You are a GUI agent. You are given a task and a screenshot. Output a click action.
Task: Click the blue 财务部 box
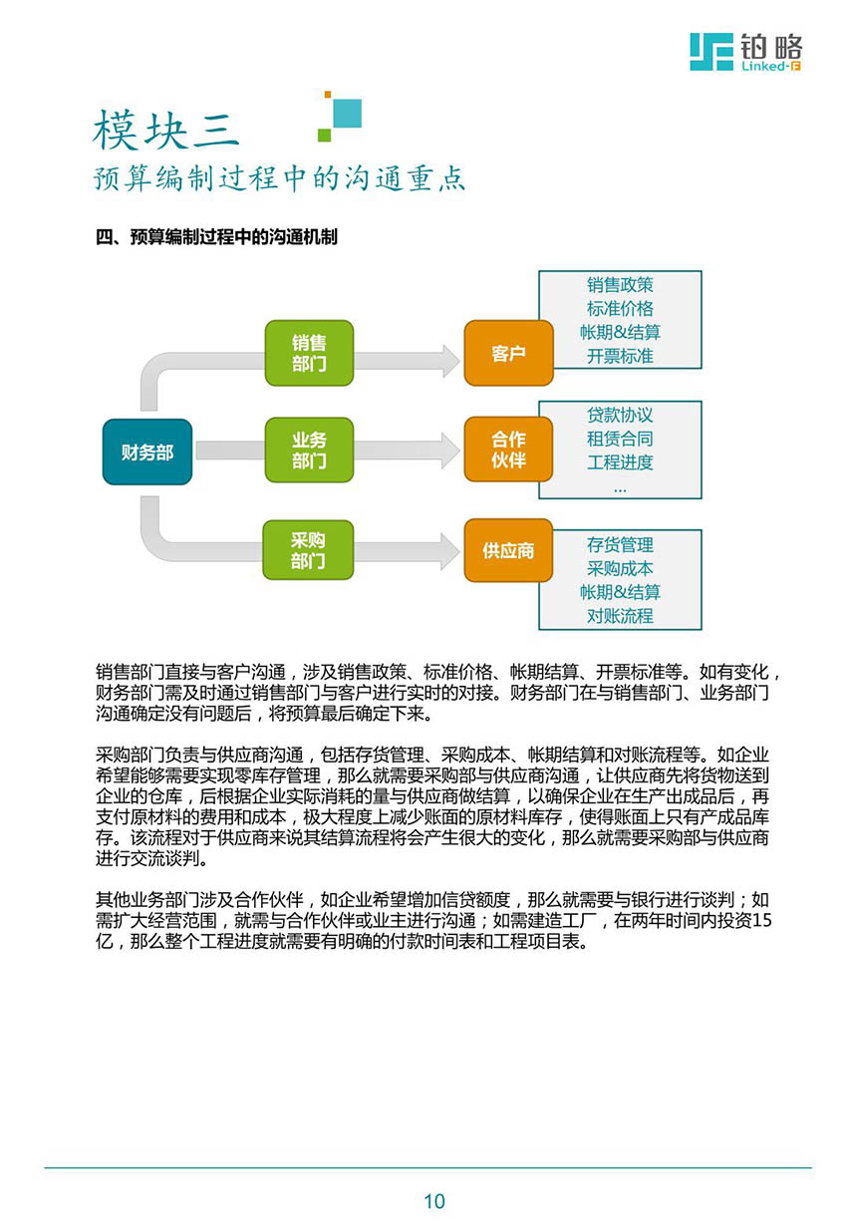(x=147, y=452)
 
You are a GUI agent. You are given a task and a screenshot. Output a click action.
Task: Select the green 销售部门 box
(x=309, y=353)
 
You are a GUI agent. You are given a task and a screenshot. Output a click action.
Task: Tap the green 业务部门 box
(x=309, y=450)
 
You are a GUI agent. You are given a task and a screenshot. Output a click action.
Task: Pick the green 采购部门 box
(x=308, y=550)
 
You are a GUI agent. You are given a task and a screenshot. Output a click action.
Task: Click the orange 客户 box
(x=508, y=353)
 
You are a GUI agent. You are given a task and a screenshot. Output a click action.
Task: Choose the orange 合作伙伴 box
(x=508, y=450)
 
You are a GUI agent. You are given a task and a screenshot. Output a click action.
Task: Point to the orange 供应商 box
(x=508, y=550)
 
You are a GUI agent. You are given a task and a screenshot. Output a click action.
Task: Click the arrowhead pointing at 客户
(x=450, y=361)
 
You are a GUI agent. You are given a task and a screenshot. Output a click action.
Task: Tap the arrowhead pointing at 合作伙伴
(x=450, y=451)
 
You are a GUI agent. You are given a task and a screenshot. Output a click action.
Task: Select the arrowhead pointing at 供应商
(x=450, y=552)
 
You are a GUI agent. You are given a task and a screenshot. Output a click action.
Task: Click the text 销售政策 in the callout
(x=620, y=285)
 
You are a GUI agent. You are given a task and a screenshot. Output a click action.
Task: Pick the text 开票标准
(x=620, y=356)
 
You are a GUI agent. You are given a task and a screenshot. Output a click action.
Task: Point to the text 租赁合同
(x=620, y=439)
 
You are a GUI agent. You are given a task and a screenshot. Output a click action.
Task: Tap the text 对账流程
(x=620, y=616)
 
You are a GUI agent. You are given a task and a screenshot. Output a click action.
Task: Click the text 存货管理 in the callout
(x=620, y=544)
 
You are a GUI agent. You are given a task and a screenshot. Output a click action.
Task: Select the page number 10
(x=434, y=1201)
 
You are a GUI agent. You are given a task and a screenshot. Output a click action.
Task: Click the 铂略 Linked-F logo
(x=745, y=52)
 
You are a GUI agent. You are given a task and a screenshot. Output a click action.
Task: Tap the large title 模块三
(x=166, y=131)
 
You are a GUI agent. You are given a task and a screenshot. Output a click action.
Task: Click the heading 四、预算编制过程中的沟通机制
(x=216, y=237)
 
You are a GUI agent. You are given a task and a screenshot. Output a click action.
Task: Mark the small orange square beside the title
(x=327, y=95)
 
